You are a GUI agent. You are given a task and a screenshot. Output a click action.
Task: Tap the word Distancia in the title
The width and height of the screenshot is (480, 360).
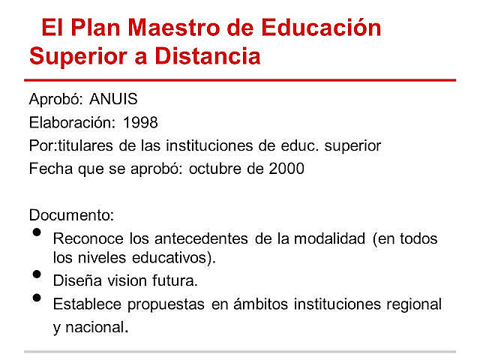202,56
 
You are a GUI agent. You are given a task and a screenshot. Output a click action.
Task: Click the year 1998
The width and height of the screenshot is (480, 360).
140,121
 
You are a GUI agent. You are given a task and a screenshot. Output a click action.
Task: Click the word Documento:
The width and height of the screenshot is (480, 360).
71,215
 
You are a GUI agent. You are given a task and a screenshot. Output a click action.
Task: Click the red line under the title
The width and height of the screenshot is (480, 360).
240,79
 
